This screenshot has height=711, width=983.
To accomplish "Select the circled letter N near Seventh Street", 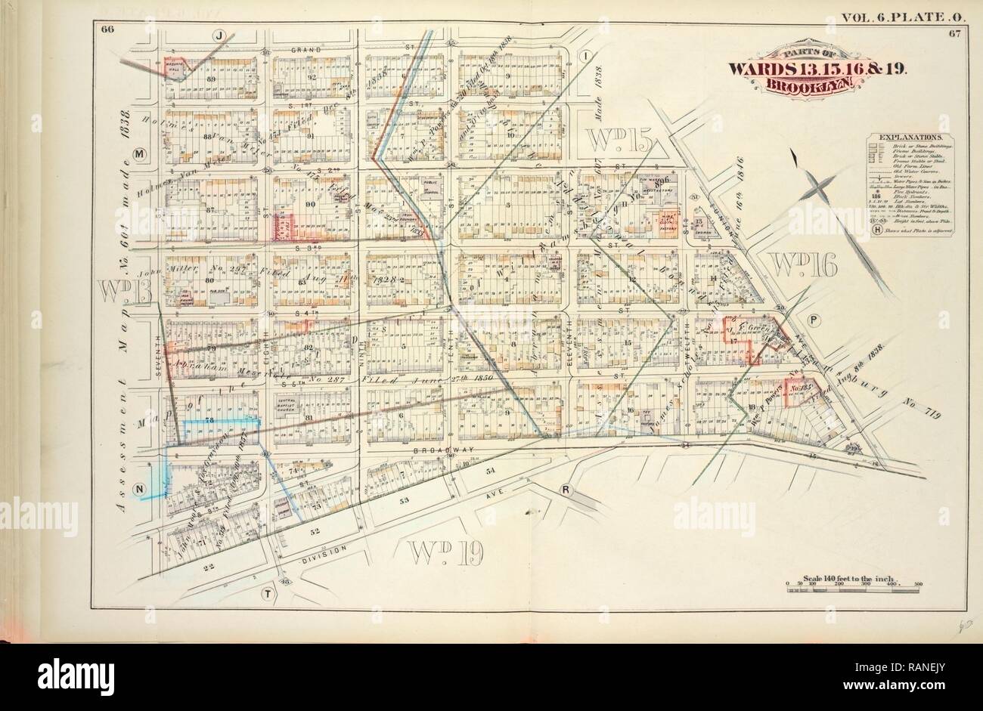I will [138, 489].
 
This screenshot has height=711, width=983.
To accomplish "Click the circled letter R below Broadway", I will [565, 490].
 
